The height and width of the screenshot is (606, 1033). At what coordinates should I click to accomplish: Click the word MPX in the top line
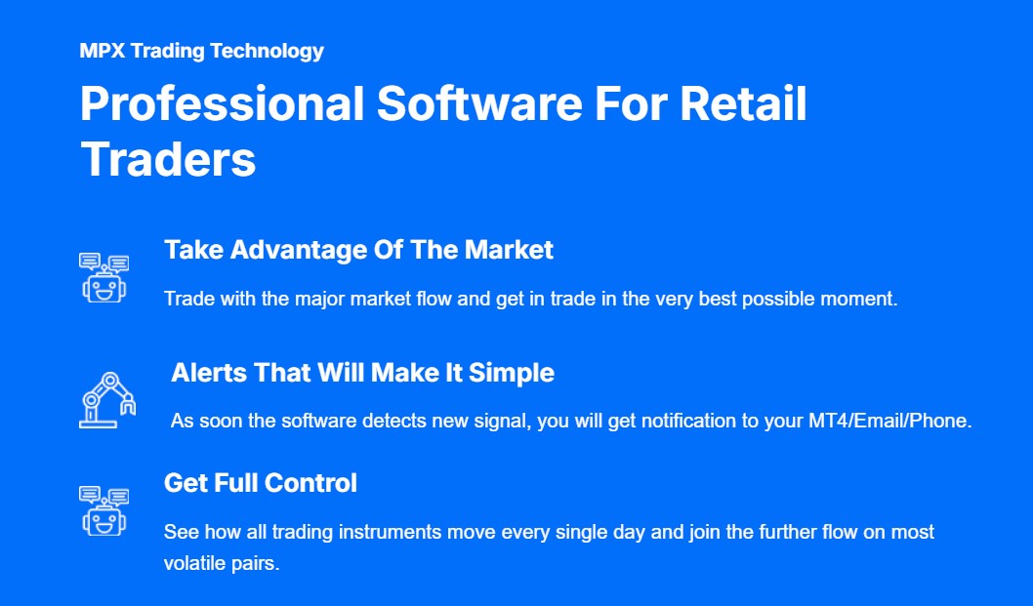click(x=103, y=51)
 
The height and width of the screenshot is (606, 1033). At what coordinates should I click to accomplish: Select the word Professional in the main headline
click(x=222, y=103)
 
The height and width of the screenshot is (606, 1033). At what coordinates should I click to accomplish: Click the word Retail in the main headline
click(x=743, y=103)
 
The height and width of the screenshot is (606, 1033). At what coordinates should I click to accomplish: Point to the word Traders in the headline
click(x=168, y=159)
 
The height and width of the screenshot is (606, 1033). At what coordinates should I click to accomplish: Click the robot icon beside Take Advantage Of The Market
click(x=104, y=278)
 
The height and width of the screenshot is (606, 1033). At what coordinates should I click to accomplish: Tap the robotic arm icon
click(x=107, y=400)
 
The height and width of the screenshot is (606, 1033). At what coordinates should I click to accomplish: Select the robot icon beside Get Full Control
click(x=104, y=511)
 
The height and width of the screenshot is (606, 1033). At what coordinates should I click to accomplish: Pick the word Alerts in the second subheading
click(x=209, y=373)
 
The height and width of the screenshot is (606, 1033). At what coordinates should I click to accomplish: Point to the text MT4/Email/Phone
click(x=890, y=421)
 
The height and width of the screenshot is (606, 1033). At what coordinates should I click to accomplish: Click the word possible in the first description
click(x=782, y=300)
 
